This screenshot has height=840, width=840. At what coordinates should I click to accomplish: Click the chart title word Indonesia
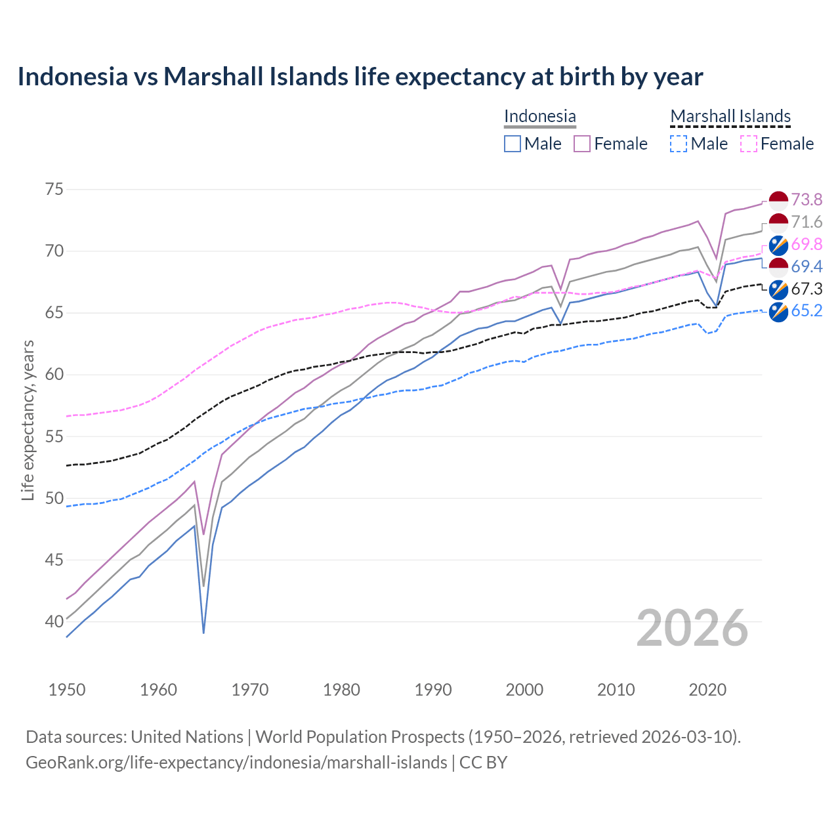(72, 77)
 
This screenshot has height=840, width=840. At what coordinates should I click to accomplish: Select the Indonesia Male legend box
(513, 144)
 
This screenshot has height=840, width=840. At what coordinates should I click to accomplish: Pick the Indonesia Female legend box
(582, 144)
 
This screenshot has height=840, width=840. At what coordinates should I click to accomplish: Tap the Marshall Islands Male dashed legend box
(679, 144)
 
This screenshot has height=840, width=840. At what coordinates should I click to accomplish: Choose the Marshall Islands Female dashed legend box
(749, 144)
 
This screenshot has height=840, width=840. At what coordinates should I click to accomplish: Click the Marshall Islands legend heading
(730, 116)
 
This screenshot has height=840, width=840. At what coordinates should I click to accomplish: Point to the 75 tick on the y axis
(54, 190)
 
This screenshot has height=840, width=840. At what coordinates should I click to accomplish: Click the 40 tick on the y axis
(54, 621)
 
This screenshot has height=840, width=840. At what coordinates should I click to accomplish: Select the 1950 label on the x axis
(67, 690)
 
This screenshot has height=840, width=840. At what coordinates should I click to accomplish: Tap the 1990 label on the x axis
(433, 690)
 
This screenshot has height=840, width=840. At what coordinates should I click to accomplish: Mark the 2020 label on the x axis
(707, 690)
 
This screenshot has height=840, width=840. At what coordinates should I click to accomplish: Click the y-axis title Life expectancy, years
(28, 420)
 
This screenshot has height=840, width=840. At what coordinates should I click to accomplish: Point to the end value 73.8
(807, 199)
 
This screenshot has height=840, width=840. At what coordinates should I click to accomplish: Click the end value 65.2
(807, 311)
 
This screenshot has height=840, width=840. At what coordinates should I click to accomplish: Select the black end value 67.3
(807, 289)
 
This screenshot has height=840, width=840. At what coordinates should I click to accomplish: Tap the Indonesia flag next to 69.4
(778, 266)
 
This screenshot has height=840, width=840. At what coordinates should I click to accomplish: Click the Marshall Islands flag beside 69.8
(778, 244)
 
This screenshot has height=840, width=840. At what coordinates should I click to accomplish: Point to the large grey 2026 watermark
(692, 628)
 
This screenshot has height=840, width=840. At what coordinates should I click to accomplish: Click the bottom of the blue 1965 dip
(203, 633)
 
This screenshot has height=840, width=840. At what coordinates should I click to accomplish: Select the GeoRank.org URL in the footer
(236, 763)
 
